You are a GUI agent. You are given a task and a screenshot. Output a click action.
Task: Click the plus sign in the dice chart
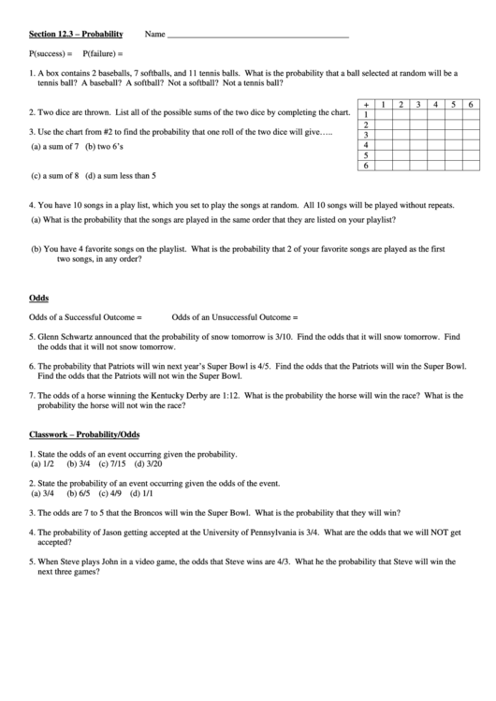click(x=367, y=104)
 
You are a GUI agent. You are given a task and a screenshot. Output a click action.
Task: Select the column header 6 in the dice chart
click(x=471, y=104)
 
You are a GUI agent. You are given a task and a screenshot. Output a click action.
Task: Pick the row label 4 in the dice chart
click(x=367, y=145)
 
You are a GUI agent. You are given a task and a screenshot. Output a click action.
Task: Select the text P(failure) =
click(x=103, y=53)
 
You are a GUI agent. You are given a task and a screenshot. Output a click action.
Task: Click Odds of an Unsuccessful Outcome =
click(x=234, y=317)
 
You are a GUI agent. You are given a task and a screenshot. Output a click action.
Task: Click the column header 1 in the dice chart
click(x=384, y=104)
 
